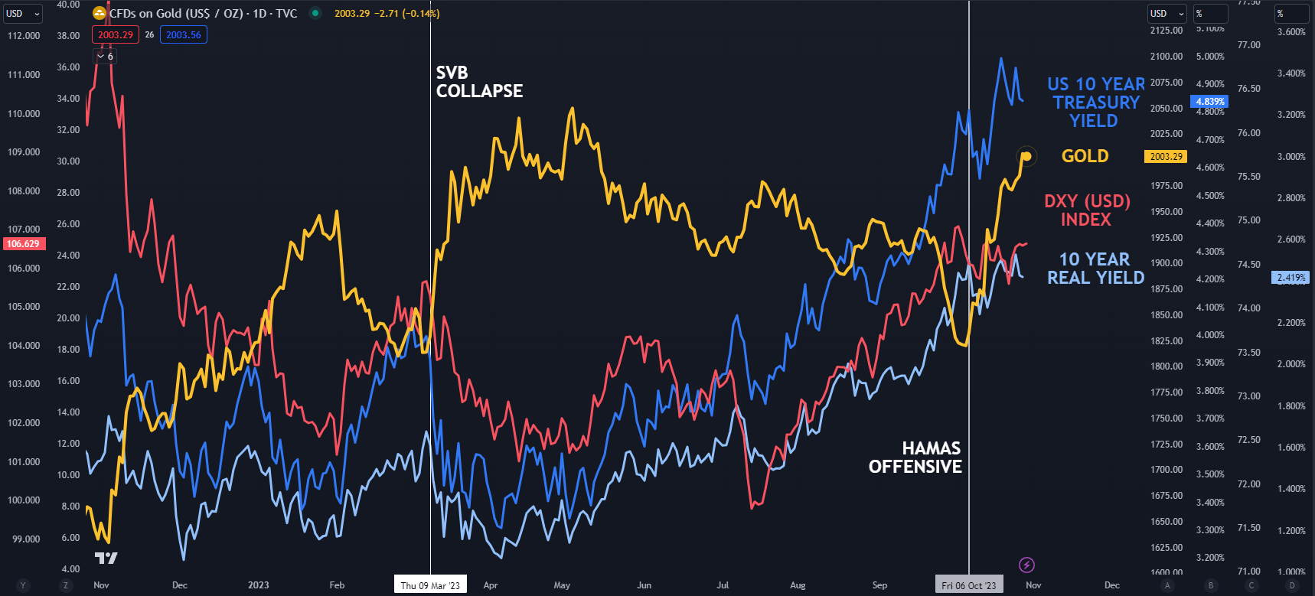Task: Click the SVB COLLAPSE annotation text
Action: click(x=479, y=82)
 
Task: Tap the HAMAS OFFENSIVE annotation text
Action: click(x=915, y=458)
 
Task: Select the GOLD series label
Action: click(x=1085, y=156)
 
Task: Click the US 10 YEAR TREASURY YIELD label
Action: click(x=1095, y=103)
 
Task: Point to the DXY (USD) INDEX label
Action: click(x=1087, y=210)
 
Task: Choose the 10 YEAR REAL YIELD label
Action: click(x=1095, y=269)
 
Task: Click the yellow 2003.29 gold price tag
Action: click(x=1165, y=157)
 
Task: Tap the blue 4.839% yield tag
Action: click(x=1209, y=102)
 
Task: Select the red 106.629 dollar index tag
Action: click(x=23, y=244)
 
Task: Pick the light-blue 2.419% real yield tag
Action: click(x=1291, y=278)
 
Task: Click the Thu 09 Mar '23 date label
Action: click(x=430, y=585)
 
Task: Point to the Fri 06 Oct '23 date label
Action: click(x=969, y=585)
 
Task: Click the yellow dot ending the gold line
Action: click(x=1027, y=156)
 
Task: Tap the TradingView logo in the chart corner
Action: click(x=106, y=559)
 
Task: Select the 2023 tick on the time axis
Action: click(x=258, y=585)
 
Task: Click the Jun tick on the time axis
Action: click(x=644, y=585)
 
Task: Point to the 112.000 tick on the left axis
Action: click(x=23, y=36)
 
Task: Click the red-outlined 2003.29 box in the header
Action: click(x=116, y=34)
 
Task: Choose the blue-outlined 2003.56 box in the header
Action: click(x=184, y=34)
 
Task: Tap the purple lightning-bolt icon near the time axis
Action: click(x=1026, y=565)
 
